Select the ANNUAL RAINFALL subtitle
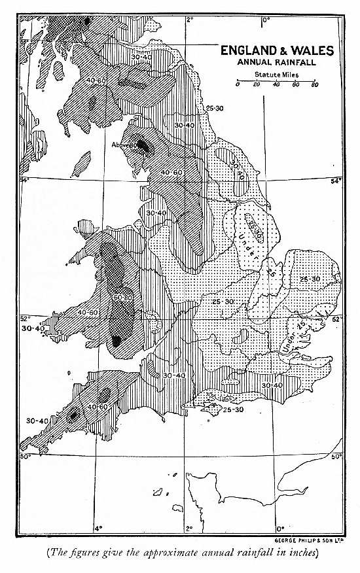276,63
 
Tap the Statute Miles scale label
276,75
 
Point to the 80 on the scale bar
315,85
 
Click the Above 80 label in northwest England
124,145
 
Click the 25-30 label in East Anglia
310,279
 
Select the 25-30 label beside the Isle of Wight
233,410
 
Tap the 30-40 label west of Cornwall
36,420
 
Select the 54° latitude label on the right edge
336,181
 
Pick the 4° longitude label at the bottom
98,528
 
